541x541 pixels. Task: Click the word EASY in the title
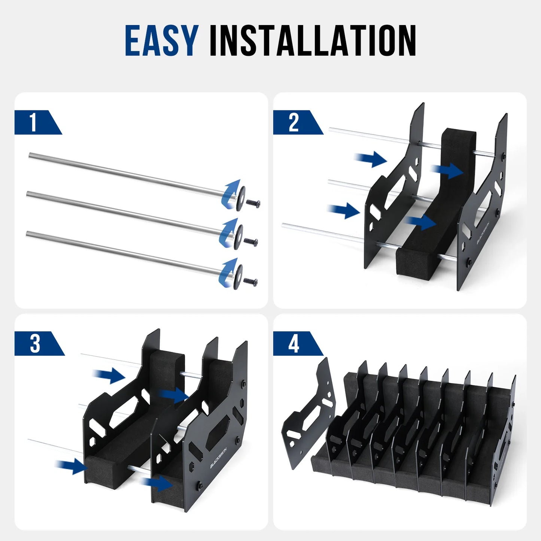point(161,40)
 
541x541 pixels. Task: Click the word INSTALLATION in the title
point(313,40)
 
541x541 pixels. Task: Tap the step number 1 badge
point(34,122)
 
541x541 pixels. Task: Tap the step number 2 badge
point(294,122)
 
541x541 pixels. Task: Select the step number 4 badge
point(294,344)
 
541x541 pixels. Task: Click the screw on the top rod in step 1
point(253,203)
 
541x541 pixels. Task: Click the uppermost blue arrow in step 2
point(371,159)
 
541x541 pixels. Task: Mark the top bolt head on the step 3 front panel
point(244,383)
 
